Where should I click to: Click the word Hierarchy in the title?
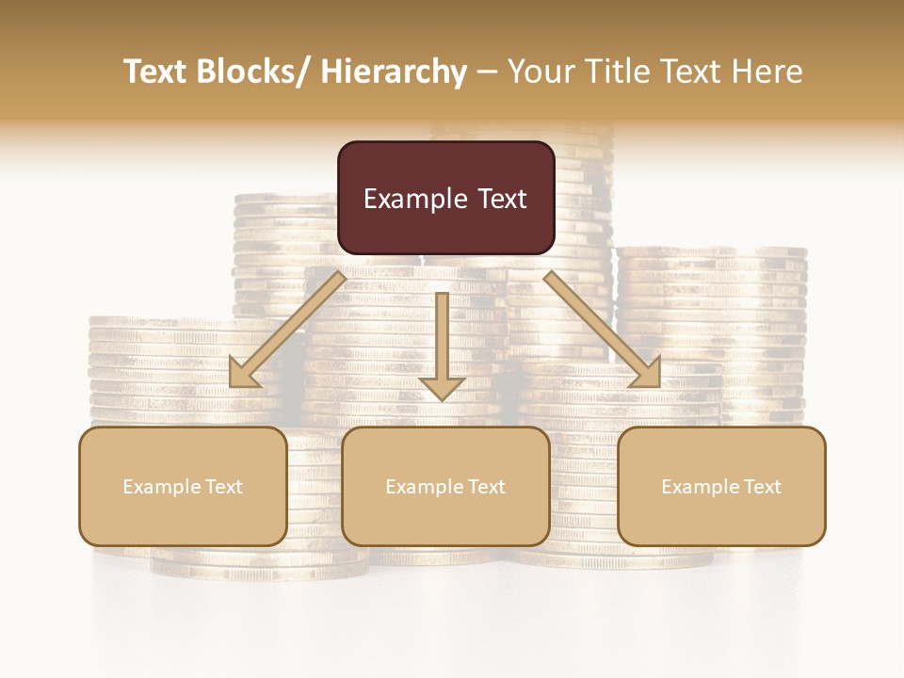[x=393, y=73]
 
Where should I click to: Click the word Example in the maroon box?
[x=414, y=200]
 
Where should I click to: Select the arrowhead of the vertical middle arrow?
[x=442, y=388]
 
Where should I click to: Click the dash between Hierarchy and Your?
[x=487, y=73]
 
